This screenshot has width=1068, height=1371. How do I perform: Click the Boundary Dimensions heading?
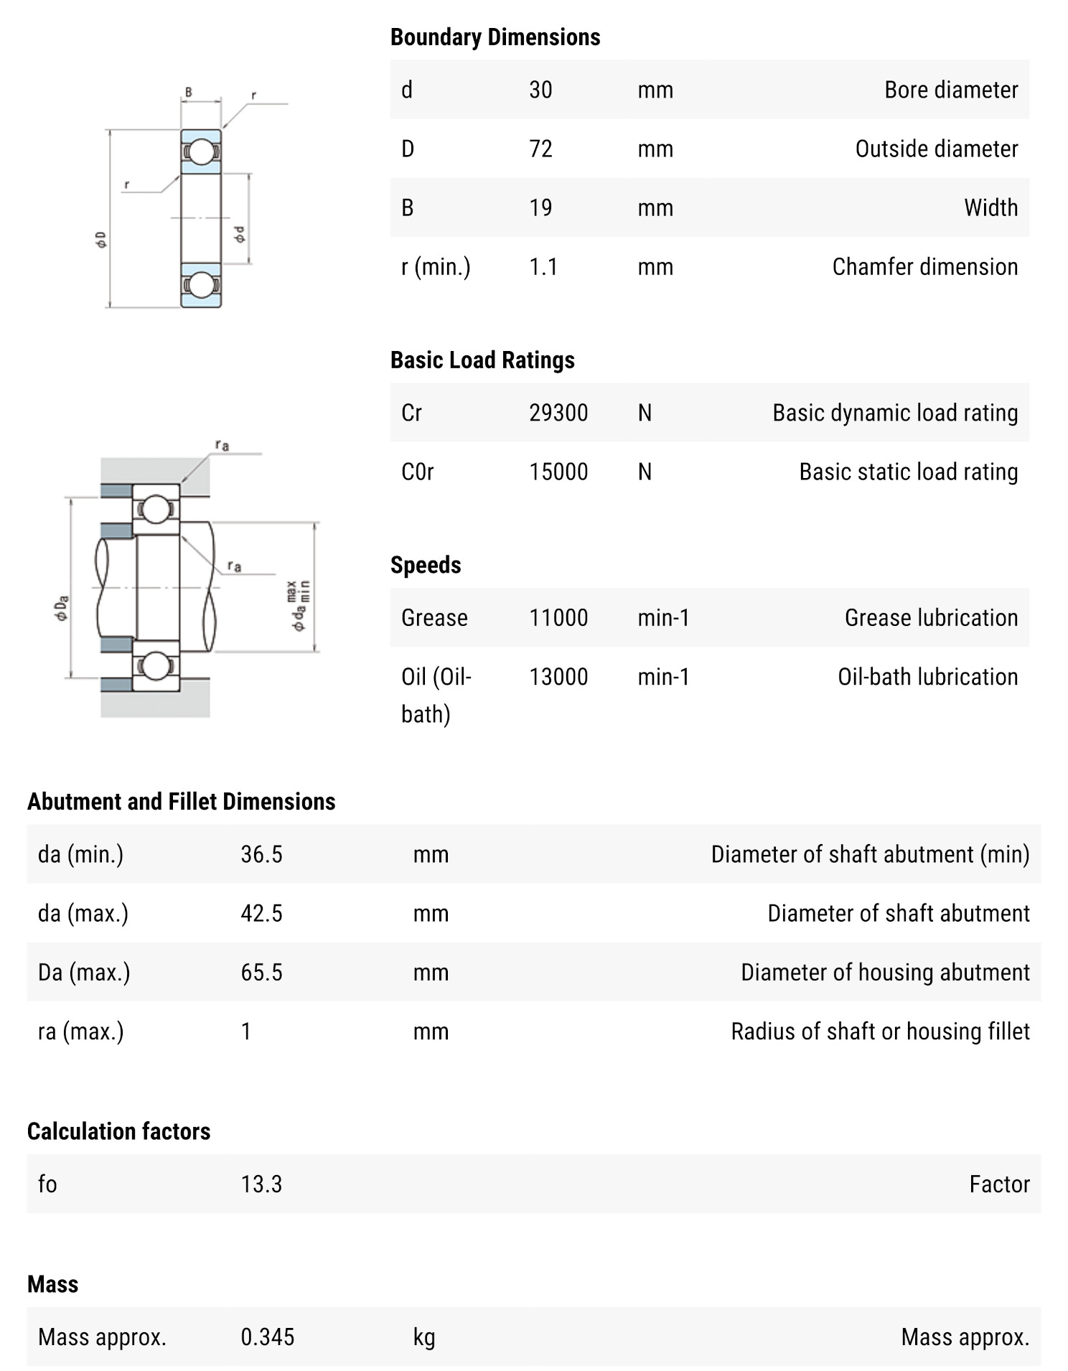pos(495,37)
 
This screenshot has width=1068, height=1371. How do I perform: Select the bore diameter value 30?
pos(540,90)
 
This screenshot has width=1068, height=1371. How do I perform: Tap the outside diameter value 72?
pos(540,149)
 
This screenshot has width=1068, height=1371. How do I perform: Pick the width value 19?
pos(540,207)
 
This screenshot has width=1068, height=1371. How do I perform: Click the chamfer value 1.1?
pos(543,267)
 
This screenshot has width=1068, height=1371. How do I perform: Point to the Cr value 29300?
pos(558,413)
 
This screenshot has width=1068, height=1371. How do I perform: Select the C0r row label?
pos(418,472)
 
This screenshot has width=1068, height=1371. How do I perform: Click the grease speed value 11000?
pos(558,617)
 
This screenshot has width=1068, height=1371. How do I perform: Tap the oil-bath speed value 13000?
pos(558,677)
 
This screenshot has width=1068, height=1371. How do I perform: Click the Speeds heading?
pos(426,565)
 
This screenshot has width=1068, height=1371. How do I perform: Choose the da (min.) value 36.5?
pos(261,854)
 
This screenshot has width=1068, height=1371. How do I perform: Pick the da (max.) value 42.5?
pos(261,913)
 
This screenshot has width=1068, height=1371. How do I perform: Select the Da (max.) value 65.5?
pos(261,972)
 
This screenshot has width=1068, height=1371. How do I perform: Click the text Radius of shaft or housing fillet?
pos(880,1031)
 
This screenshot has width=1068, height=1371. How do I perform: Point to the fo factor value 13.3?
pos(261,1184)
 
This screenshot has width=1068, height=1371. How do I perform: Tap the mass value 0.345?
pos(267,1337)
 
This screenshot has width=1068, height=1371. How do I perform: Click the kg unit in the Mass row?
pos(424,1337)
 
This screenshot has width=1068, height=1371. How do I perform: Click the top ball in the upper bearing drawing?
pos(201,151)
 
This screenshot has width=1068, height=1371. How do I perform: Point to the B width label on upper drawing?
pos(189,92)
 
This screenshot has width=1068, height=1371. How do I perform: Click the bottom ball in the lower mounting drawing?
pos(155,665)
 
